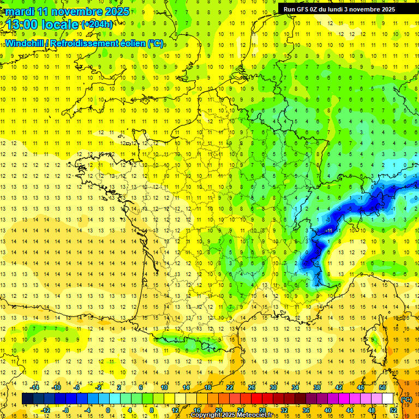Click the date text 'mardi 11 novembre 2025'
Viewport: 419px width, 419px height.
[x=68, y=11]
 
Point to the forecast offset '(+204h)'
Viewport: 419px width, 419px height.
[x=97, y=25]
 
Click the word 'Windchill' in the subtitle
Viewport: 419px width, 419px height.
[x=25, y=43]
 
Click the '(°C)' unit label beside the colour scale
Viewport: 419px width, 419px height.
[x=406, y=399]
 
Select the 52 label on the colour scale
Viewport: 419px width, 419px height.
[x=393, y=410]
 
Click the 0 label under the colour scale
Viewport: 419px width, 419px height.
[x=107, y=410]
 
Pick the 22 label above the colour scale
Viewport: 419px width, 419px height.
[x=230, y=387]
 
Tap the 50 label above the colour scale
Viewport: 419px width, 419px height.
[x=382, y=387]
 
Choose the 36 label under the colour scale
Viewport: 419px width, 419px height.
[x=306, y=410]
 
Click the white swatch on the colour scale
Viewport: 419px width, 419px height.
[x=387, y=399]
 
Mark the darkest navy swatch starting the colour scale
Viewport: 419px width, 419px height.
[x=27, y=399]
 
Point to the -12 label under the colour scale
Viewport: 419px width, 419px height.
[x=46, y=410]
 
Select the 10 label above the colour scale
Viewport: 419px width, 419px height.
[x=164, y=387]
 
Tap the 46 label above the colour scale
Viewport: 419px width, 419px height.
[x=361, y=387]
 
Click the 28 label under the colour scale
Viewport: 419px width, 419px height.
[x=262, y=410]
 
